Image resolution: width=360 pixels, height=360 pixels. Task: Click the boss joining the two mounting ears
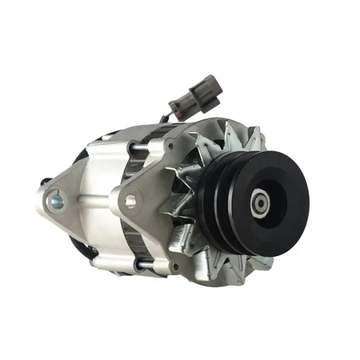(x=92, y=196)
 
